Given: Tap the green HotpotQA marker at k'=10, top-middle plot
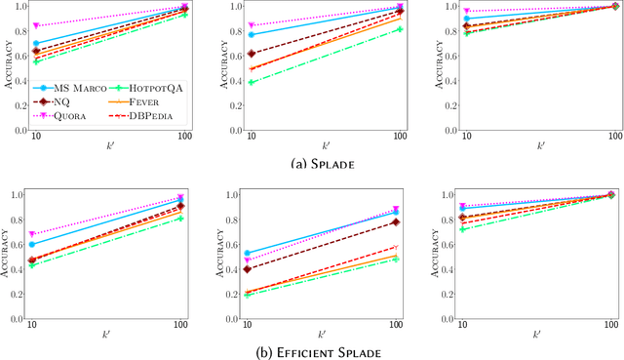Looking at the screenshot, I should click(251, 83).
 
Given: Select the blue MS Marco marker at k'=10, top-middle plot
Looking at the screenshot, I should click(251, 34).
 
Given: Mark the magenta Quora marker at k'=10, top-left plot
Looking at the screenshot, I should click(36, 26).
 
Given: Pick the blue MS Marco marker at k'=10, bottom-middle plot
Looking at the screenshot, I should click(251, 254).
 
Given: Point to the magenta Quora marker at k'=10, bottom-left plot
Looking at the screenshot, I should click(36, 235).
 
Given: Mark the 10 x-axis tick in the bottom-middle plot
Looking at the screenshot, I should click(251, 324).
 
